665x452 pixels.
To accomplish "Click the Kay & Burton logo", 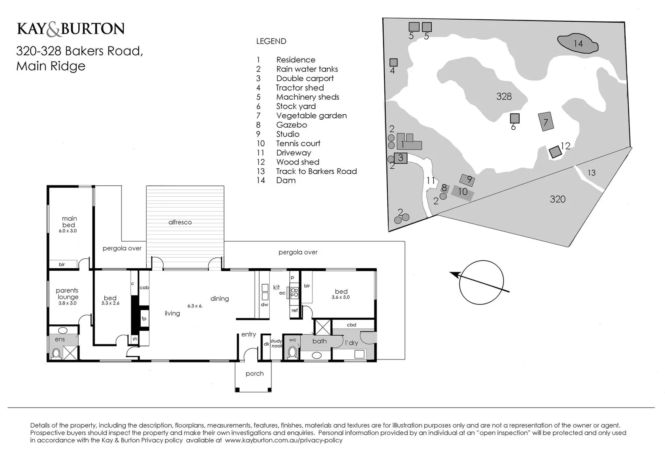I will pyautogui.click(x=70, y=29).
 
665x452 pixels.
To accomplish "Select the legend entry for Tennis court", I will pyautogui.click(x=298, y=144).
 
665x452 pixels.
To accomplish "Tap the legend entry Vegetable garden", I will pyautogui.click(x=311, y=116).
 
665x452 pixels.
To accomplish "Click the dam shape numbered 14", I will pyautogui.click(x=577, y=43).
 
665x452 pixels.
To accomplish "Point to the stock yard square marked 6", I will pyautogui.click(x=515, y=118).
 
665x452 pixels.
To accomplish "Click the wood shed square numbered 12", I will pyautogui.click(x=555, y=152).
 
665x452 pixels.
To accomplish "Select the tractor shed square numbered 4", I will pyautogui.click(x=393, y=62).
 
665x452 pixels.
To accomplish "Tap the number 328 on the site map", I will pyautogui.click(x=504, y=96).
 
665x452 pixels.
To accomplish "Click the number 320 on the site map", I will pyautogui.click(x=557, y=199).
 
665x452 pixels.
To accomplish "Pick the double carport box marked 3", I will pyautogui.click(x=401, y=158).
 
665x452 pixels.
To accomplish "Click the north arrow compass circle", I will pyautogui.click(x=481, y=283).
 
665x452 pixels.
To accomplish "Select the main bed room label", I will pyautogui.click(x=69, y=221).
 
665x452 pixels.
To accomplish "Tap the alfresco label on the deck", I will pyautogui.click(x=180, y=222).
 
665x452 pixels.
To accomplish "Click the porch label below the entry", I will pyautogui.click(x=255, y=374).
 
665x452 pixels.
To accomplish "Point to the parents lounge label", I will pyautogui.click(x=67, y=293).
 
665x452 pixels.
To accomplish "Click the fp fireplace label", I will pyautogui.click(x=144, y=319).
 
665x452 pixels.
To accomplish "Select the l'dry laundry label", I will pyautogui.click(x=351, y=343).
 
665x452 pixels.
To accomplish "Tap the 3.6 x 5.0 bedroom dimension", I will pyautogui.click(x=340, y=297).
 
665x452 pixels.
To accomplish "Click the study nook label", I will pyautogui.click(x=276, y=344).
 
